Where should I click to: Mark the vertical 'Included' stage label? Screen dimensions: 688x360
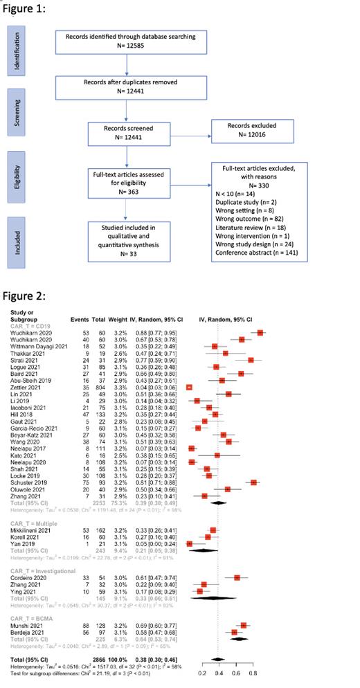click(15, 242)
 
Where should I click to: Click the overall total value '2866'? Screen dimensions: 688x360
click(76, 658)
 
